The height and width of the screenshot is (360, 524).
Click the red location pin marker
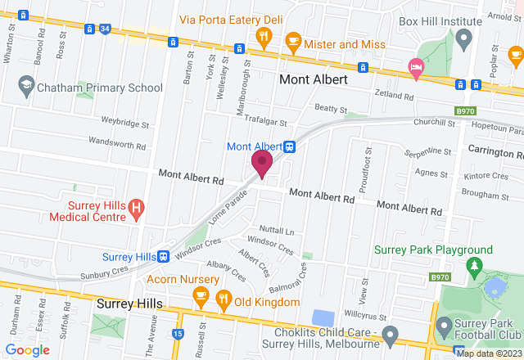coord(262,162)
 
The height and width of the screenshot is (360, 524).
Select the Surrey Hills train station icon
coord(165,256)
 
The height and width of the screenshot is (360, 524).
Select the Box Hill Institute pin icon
coord(463,38)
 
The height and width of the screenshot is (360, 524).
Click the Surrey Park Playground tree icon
coord(472,267)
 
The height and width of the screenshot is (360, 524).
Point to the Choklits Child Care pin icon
coord(390,335)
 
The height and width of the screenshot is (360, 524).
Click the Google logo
coord(27,350)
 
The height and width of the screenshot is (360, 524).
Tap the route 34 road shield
coord(105,29)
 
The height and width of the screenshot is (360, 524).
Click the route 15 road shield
coord(179,335)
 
